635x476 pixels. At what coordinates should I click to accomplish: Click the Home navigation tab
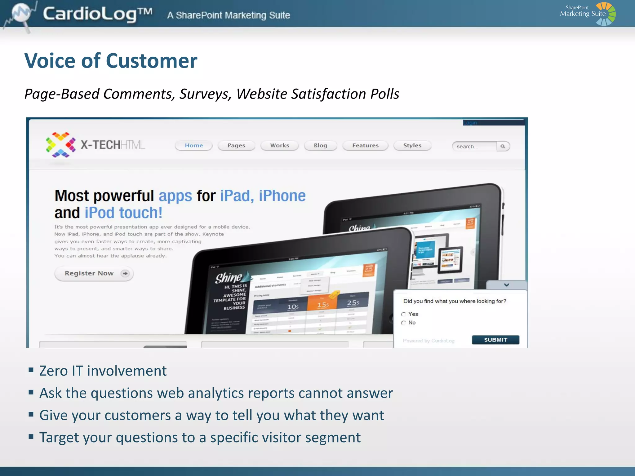(x=194, y=145)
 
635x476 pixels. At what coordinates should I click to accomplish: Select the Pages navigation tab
(x=236, y=145)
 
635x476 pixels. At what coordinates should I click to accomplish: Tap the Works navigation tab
(x=280, y=145)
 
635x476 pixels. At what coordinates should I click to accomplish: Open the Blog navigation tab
(x=320, y=145)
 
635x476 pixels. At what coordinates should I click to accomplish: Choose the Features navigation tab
(x=365, y=145)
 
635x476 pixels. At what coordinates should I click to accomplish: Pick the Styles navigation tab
(x=412, y=145)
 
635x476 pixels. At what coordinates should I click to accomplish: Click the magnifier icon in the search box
(x=503, y=146)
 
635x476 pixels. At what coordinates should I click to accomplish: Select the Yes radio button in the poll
(x=403, y=314)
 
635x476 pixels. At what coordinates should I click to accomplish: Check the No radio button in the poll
(x=403, y=323)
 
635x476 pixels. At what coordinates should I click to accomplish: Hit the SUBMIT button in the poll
(x=495, y=340)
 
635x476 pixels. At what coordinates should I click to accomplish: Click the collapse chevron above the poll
(x=506, y=285)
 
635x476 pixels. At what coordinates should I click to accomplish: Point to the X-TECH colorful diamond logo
(x=61, y=145)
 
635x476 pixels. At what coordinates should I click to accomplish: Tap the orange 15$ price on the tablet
(x=323, y=305)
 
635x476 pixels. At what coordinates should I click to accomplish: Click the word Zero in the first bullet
(x=53, y=371)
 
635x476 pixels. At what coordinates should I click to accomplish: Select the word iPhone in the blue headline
(x=282, y=196)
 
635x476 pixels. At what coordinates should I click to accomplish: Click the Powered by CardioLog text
(x=429, y=341)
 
